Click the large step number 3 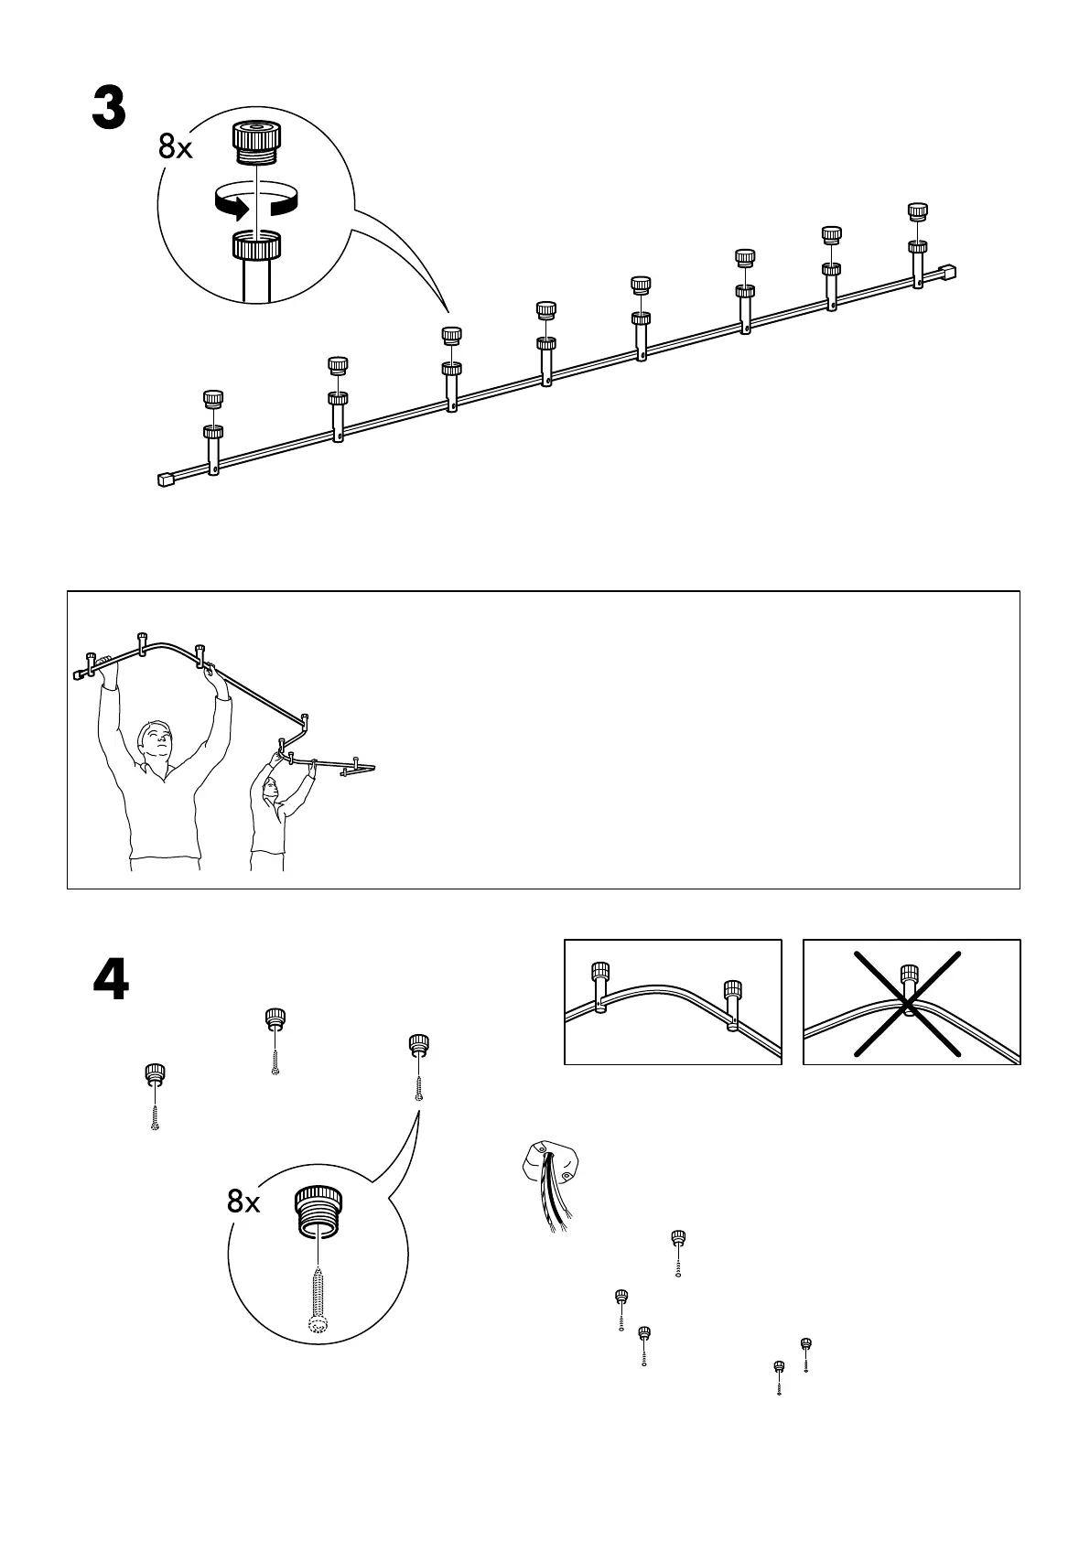tap(109, 109)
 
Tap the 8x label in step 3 tap(176, 146)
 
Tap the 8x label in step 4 tap(243, 1202)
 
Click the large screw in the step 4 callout tap(317, 1299)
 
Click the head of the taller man tap(154, 740)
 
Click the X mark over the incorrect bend tap(908, 1004)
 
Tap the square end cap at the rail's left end tap(166, 479)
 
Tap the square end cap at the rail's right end tap(948, 272)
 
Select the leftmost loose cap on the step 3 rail tap(213, 400)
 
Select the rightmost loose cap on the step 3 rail tap(917, 211)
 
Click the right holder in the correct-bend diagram tap(732, 1004)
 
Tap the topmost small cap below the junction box tap(678, 1239)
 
